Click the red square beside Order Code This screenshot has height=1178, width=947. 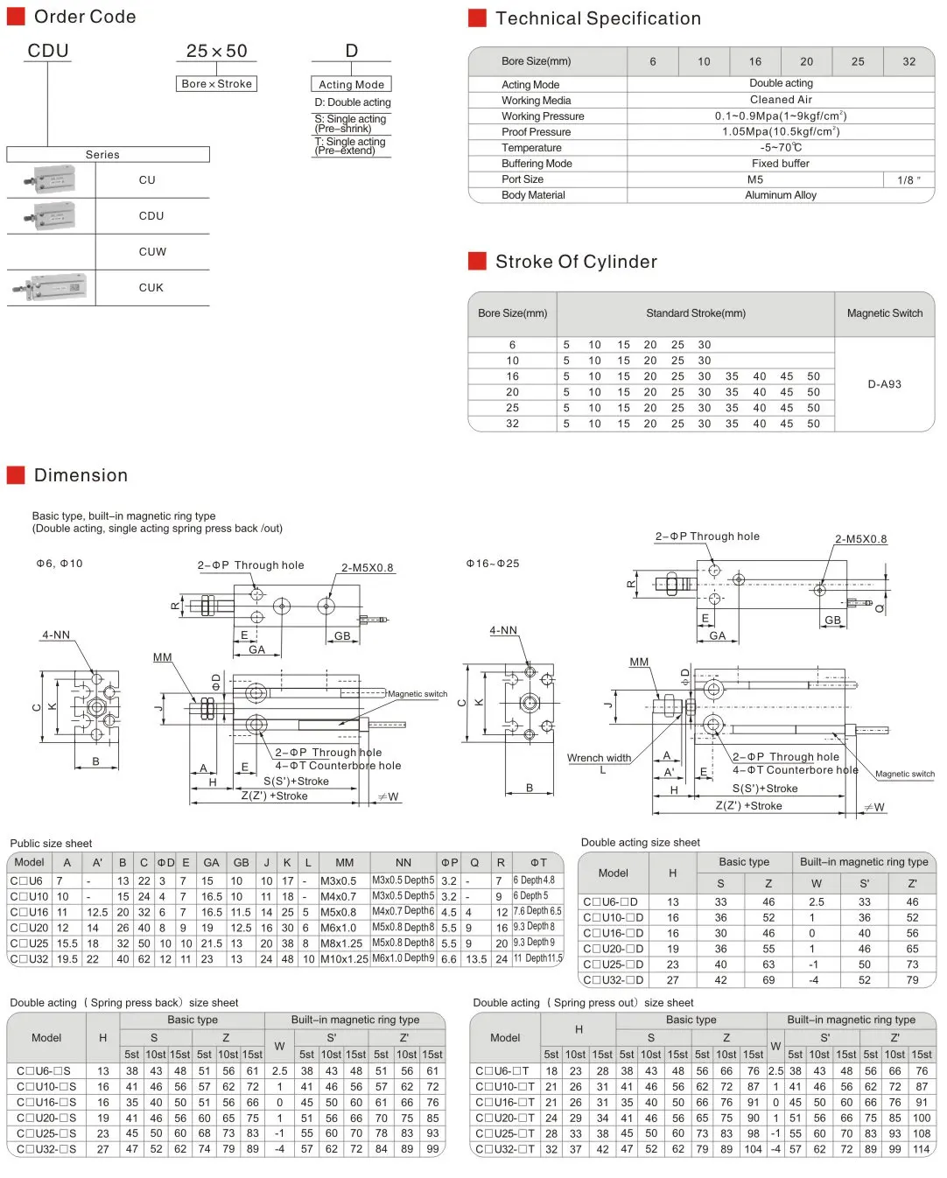pos(16,17)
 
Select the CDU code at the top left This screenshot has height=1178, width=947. pos(48,51)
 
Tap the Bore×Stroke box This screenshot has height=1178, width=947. pos(217,84)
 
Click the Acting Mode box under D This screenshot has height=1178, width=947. pos(351,85)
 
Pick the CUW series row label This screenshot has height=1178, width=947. pos(152,252)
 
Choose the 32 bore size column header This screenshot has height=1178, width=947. pos(908,61)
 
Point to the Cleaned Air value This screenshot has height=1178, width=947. pos(781,100)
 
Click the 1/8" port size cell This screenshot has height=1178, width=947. pos(908,179)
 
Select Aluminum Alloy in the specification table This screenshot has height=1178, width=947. pos(781,195)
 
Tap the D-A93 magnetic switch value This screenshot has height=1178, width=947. pos(884,384)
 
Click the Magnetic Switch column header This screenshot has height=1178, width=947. pos(884,313)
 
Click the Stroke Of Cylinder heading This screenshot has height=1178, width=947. pos(576,262)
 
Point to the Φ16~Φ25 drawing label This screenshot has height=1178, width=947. pos(493,564)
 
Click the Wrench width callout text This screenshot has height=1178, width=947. pos(599,758)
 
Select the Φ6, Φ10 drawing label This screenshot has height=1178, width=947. pos(60,564)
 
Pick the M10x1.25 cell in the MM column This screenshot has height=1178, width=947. pos(344,959)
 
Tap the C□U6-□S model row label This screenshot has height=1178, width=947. pos(44,1071)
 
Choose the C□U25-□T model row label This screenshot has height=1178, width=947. pos(504,1134)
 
